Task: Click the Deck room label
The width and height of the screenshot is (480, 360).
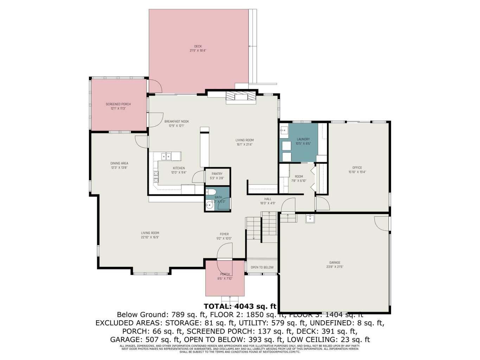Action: tap(198, 46)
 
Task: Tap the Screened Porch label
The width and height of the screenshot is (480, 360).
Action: tap(118, 104)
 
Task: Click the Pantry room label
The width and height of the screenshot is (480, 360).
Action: tap(217, 174)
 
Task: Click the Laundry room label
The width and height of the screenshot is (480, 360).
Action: tap(303, 139)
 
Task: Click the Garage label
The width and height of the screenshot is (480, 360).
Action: tap(335, 262)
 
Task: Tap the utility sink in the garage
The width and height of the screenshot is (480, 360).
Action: tap(310, 218)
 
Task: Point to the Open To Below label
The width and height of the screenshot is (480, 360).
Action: tap(262, 267)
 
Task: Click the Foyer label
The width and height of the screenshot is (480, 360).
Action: tap(224, 234)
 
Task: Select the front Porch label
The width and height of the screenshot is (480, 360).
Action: tap(225, 274)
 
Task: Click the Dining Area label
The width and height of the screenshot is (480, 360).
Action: tap(119, 163)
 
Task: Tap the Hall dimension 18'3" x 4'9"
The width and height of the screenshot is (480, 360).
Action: tap(268, 203)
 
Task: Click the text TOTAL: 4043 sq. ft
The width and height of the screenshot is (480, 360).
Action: tap(240, 306)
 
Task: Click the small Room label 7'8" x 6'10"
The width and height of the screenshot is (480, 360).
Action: tap(299, 181)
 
